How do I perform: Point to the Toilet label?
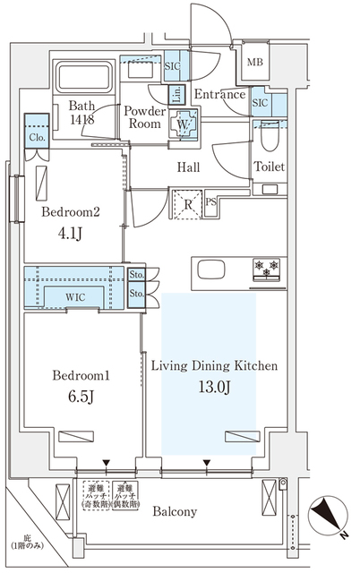[x=269, y=167]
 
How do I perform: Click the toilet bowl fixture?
[x=270, y=135]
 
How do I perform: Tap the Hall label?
[x=187, y=167]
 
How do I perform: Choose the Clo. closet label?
[x=37, y=139]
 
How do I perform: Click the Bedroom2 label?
[x=70, y=213]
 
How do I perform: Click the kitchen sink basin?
[x=213, y=269]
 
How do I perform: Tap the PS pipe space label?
[x=211, y=202]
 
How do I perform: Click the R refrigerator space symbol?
[x=189, y=202]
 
